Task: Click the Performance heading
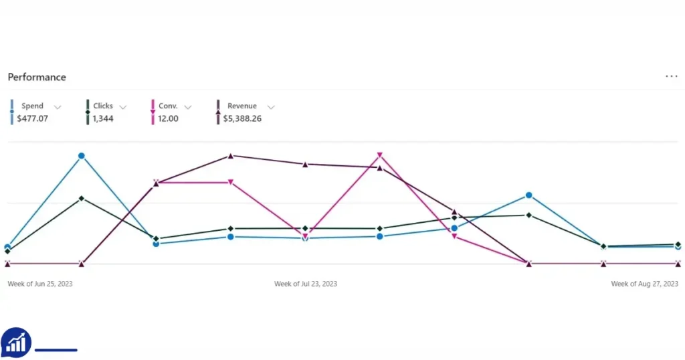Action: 37,78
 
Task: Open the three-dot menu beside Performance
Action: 672,76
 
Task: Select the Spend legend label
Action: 32,106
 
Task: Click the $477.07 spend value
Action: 32,118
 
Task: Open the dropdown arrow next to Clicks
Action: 123,107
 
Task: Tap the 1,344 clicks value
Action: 102,118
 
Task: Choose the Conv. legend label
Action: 168,106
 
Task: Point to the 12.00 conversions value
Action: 168,118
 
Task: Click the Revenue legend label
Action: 242,106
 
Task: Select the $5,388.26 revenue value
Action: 242,118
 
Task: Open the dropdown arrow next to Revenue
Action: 271,107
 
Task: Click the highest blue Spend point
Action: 81,156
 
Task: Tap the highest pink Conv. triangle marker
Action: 380,155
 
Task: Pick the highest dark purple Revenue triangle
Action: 231,155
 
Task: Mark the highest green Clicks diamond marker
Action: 82,198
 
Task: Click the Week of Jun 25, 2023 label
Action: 40,284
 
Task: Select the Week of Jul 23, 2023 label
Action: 306,284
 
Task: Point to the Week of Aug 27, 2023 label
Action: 644,284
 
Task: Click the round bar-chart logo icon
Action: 16,343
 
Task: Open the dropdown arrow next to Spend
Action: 58,107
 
